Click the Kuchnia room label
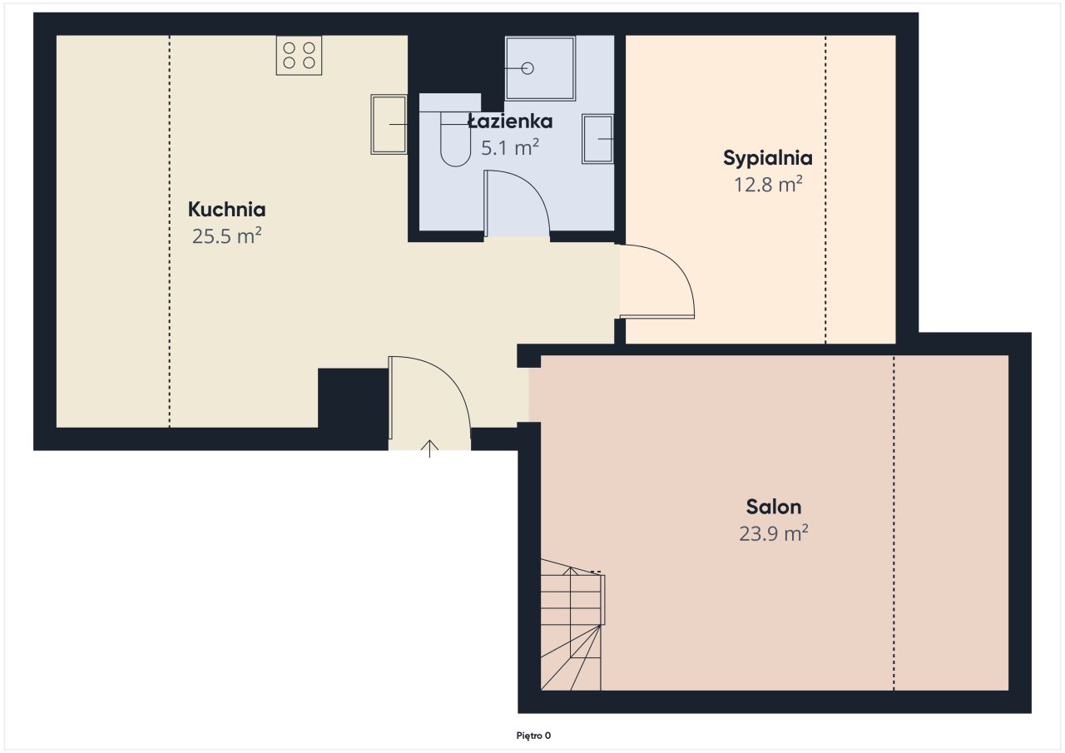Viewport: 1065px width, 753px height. [x=226, y=209]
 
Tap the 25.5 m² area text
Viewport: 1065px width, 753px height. [x=227, y=235]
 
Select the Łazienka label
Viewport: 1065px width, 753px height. [x=510, y=121]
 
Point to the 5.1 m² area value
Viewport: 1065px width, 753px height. [x=510, y=147]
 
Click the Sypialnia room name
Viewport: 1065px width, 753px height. [x=767, y=158]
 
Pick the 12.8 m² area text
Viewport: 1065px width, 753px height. [x=768, y=184]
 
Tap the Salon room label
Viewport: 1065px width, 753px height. [x=774, y=507]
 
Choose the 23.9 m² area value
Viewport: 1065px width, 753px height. [x=774, y=533]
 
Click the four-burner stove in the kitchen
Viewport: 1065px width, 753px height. [x=299, y=55]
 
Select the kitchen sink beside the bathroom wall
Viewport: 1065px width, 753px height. [x=389, y=124]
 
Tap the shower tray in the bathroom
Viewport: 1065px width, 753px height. [x=540, y=68]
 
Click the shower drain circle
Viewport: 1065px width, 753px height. [x=528, y=68]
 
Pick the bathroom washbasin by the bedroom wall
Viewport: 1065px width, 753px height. [x=597, y=139]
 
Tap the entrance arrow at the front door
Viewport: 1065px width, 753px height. [x=430, y=448]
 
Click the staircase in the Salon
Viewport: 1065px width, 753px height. [x=572, y=624]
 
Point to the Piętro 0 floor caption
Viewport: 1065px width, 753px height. [x=533, y=736]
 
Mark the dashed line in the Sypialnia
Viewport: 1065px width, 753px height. [x=825, y=189]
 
